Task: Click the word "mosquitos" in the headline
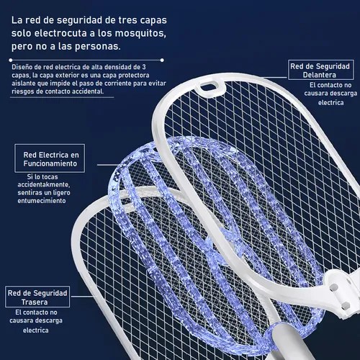140,34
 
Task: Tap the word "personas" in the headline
98,46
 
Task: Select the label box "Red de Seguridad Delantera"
321,70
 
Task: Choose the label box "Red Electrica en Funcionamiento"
50,158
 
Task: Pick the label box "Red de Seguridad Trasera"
37,297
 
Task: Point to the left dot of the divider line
11,60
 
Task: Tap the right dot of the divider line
162,60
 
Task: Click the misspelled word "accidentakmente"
43,185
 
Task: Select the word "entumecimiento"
42,201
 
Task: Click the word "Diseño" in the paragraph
21,67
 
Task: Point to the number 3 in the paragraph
144,67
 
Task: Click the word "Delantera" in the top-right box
320,75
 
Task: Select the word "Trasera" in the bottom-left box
35,302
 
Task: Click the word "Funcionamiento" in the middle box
50,163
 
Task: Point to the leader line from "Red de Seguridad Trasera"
82,297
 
